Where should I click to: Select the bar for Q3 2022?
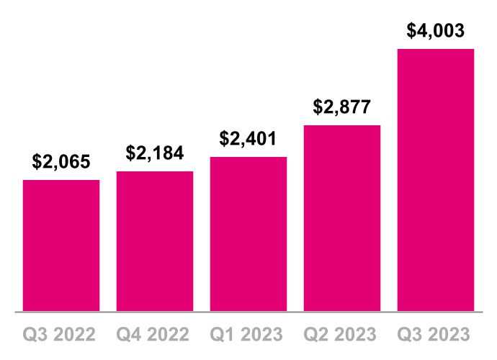click(x=61, y=246)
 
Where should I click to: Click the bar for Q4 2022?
click(x=155, y=241)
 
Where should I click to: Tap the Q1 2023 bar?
click(x=248, y=234)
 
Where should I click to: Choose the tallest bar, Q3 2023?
click(x=436, y=180)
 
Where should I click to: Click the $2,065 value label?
click(x=61, y=162)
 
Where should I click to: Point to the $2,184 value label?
click(x=155, y=153)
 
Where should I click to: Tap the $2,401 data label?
click(x=248, y=138)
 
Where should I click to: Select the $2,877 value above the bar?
click(x=342, y=107)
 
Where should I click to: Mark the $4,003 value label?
click(x=436, y=31)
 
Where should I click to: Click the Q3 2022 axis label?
click(x=61, y=335)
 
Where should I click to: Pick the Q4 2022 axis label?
click(x=155, y=335)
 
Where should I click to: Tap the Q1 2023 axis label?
click(x=248, y=335)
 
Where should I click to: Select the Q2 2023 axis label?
click(x=342, y=335)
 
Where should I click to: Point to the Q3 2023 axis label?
click(x=436, y=335)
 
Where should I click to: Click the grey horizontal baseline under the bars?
click(x=248, y=312)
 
